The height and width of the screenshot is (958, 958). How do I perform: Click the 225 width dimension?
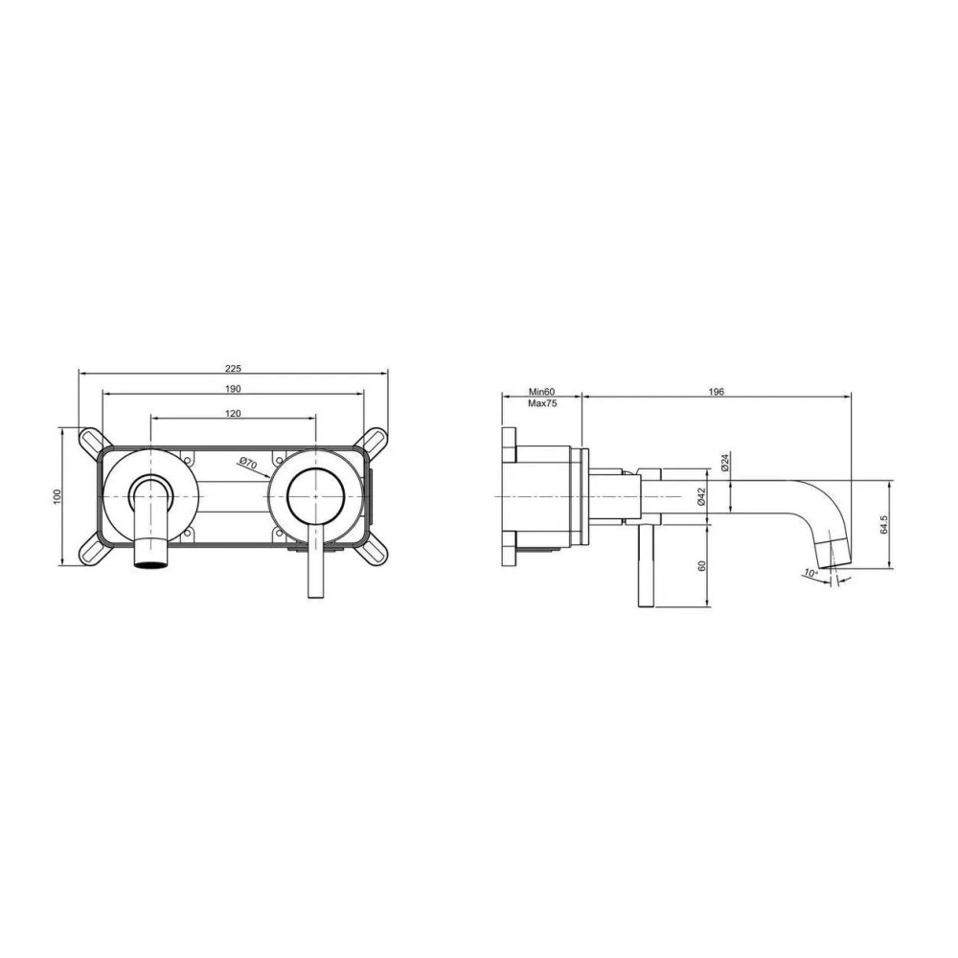pyautogui.click(x=234, y=369)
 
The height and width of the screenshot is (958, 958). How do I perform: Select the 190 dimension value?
pyautogui.click(x=234, y=389)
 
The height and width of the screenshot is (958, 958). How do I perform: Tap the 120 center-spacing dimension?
pyautogui.click(x=234, y=414)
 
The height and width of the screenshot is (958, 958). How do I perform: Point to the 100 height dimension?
pyautogui.click(x=57, y=496)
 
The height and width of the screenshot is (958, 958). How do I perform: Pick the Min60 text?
pyautogui.click(x=542, y=392)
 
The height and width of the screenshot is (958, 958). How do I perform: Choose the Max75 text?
pyautogui.click(x=542, y=403)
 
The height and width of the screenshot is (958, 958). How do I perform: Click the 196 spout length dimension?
pyautogui.click(x=717, y=392)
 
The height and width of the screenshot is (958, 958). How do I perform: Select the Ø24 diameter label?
pyautogui.click(x=725, y=462)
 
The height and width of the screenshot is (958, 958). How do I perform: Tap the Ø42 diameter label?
pyautogui.click(x=701, y=496)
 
